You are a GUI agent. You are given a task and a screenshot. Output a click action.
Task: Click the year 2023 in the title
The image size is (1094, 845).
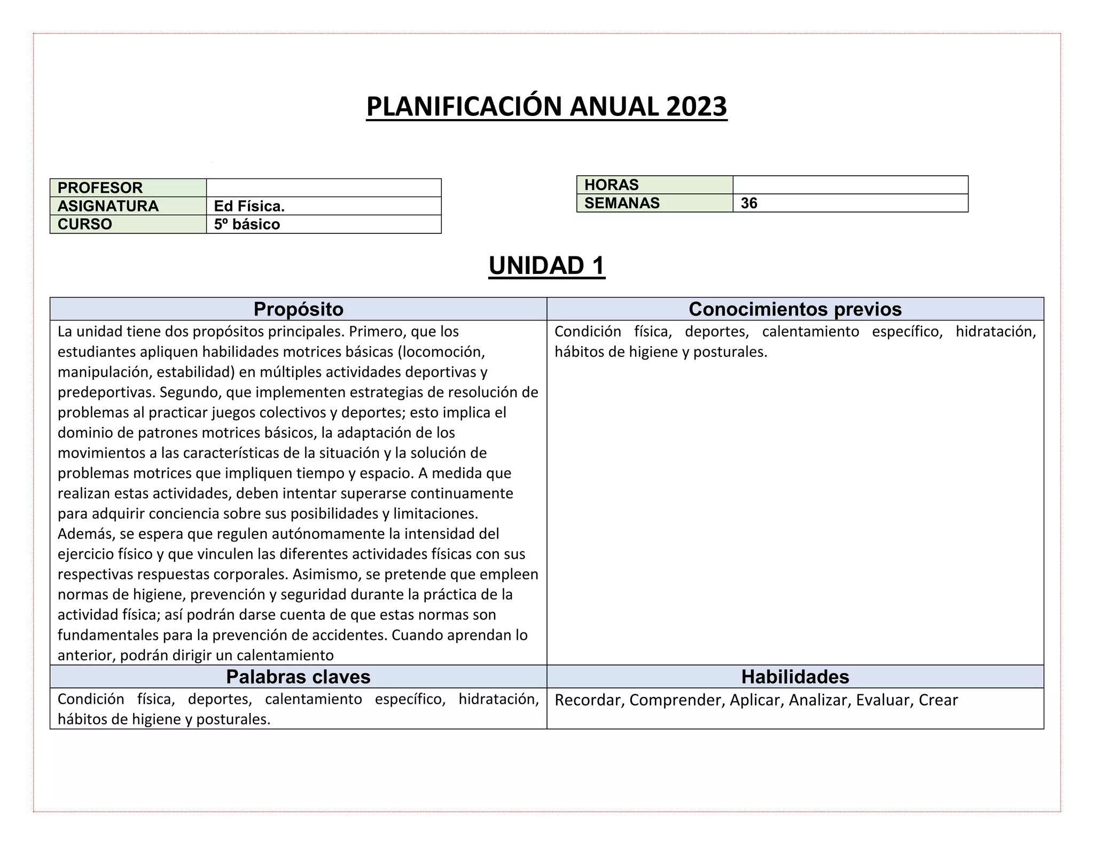pos(697,107)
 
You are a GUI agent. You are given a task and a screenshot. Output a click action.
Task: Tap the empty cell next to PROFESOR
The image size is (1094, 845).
pos(324,188)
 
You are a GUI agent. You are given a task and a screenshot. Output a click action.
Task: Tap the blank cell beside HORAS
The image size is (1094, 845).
pos(850,185)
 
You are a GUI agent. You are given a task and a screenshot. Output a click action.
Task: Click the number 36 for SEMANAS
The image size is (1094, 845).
pos(749,203)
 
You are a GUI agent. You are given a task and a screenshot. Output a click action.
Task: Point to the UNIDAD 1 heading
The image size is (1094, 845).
pos(546,266)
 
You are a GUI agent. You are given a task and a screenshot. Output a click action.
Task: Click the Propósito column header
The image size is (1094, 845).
pos(298,309)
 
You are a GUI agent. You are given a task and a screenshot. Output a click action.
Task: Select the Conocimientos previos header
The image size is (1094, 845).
pos(795,309)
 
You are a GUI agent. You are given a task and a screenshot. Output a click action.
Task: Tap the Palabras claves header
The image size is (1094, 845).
pos(298,677)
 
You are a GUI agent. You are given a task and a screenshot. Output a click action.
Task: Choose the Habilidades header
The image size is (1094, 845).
pos(795,677)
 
